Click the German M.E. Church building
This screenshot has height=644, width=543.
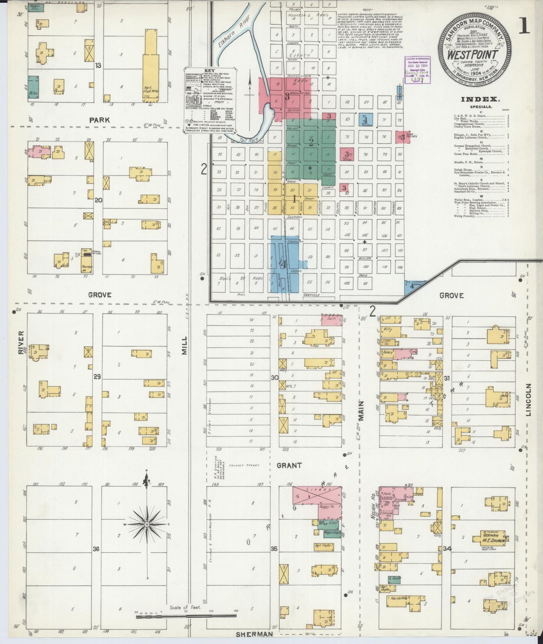click(x=493, y=538)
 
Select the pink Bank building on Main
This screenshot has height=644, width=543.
click(x=331, y=320)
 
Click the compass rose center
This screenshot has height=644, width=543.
click(x=147, y=524)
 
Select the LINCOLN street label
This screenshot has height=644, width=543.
click(x=529, y=400)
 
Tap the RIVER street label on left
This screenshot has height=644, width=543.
click(x=21, y=342)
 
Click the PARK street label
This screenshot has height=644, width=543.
click(x=99, y=120)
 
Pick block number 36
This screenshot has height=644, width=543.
click(x=96, y=549)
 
